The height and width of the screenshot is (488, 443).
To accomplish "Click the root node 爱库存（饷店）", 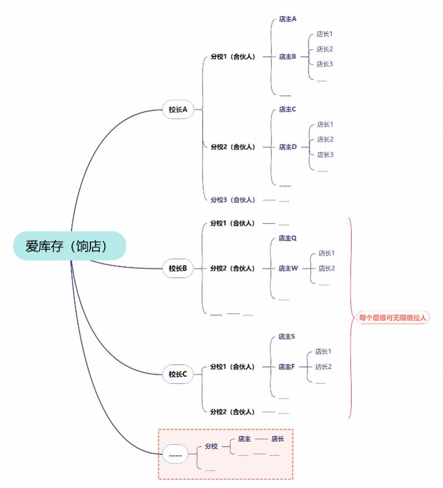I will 70,246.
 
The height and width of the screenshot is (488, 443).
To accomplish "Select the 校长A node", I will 178,110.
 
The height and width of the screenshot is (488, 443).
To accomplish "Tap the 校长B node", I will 178,269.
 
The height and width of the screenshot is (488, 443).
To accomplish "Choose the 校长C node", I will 178,375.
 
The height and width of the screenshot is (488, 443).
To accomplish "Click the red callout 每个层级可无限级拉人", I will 393,318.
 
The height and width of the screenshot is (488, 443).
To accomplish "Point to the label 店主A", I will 287,19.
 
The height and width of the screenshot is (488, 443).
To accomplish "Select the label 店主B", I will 287,56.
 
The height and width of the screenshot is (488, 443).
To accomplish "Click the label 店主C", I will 287,110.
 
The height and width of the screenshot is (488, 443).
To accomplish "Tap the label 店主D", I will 287,147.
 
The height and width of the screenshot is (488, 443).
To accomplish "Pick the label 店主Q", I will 287,238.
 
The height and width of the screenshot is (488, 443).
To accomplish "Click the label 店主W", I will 288,268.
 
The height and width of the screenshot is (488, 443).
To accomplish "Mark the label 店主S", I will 287,336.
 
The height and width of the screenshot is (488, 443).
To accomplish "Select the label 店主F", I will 287,367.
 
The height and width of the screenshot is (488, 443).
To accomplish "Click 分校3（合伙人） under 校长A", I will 233,200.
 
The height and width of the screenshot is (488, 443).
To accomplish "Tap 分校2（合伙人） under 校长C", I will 233,412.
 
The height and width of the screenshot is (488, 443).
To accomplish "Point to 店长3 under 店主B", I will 324,64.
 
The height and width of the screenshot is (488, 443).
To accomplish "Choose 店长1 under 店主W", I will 326,253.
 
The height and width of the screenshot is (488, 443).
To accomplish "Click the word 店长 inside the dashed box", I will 277,439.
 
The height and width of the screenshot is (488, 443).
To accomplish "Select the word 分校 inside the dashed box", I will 211,446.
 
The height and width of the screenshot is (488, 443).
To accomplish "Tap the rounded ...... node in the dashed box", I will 175,455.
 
